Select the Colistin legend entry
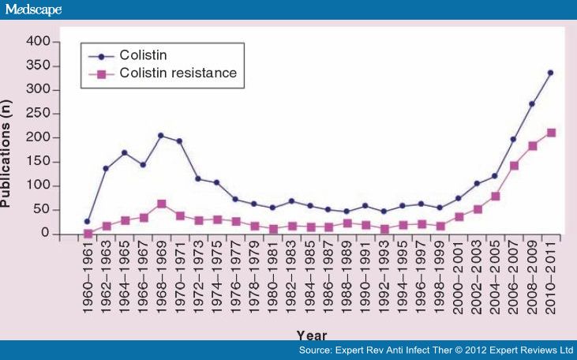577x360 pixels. [145, 54]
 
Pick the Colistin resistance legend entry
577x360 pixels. [177, 73]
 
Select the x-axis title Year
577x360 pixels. [312, 335]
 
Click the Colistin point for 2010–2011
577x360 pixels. [550, 73]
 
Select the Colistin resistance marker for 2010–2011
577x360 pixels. [551, 133]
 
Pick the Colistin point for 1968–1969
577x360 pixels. [161, 136]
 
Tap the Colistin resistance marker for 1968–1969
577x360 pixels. [161, 204]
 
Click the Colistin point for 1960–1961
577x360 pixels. [88, 221]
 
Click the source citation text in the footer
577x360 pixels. [435, 350]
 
